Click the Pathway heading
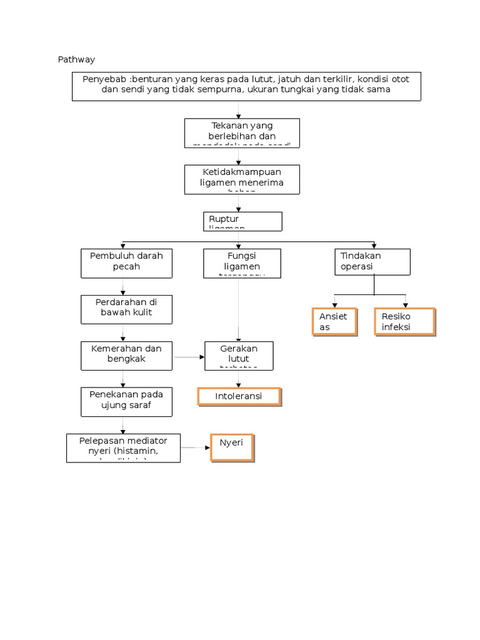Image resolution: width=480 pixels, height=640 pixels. click(x=76, y=59)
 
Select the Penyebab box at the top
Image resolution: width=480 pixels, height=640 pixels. click(x=246, y=86)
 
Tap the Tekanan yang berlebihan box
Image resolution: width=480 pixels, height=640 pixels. click(x=242, y=132)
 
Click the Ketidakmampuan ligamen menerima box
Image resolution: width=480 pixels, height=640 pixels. click(x=242, y=179)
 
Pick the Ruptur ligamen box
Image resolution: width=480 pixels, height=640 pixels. click(x=242, y=221)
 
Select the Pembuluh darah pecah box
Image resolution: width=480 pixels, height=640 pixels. click(x=127, y=262)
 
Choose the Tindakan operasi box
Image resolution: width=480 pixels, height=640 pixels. click(x=374, y=261)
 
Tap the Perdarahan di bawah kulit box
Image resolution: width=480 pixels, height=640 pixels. click(x=127, y=309)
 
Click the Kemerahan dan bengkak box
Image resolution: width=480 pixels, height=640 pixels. click(x=127, y=355)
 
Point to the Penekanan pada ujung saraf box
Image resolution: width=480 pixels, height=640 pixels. click(x=127, y=401)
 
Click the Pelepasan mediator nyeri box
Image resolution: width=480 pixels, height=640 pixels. click(x=123, y=448)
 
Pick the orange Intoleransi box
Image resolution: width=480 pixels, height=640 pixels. click(x=239, y=397)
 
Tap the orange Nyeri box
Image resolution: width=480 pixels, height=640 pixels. click(x=232, y=447)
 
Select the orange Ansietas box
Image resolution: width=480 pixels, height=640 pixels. click(x=334, y=322)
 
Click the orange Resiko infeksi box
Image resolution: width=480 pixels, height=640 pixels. click(x=404, y=322)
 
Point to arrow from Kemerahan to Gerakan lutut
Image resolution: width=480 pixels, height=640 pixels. click(x=189, y=357)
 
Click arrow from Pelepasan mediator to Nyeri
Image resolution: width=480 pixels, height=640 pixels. click(x=196, y=447)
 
